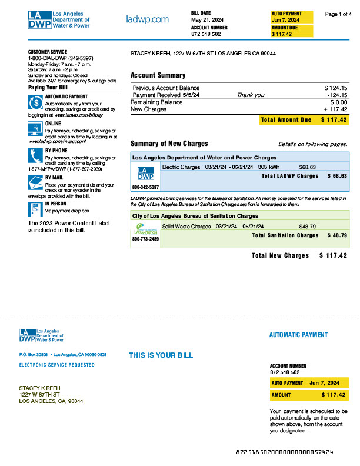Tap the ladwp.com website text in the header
[147, 20]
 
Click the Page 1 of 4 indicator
[338, 14]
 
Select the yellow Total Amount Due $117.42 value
[334, 120]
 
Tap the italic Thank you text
[250, 95]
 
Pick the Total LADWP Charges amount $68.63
[337, 176]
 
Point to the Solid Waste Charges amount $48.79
[308, 226]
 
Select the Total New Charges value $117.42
[333, 255]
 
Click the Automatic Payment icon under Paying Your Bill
[35, 101]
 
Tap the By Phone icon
[35, 155]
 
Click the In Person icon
[35, 208]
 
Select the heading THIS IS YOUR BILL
[161, 355]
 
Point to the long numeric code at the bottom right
[285, 452]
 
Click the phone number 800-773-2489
[145, 239]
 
